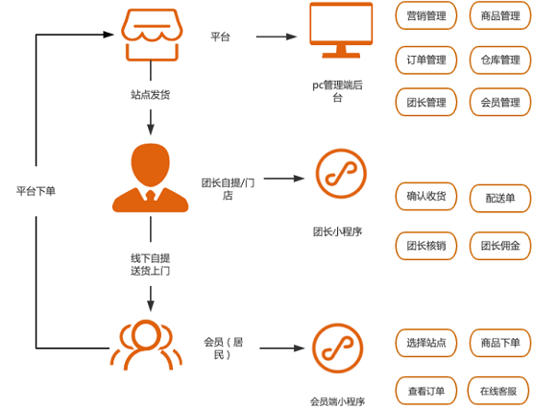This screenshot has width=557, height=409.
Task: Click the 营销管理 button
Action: [426, 15]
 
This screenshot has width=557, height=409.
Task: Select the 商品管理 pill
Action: [500, 15]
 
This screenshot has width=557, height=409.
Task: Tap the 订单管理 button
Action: [426, 60]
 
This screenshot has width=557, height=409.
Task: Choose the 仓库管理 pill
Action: [500, 60]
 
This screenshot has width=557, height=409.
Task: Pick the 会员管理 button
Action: [500, 103]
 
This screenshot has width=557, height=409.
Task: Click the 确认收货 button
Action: [426, 196]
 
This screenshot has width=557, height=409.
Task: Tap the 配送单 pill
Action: [500, 198]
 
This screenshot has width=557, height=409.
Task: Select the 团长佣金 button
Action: [500, 246]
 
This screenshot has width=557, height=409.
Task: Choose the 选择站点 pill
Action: [426, 343]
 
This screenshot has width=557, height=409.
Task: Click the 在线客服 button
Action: [498, 391]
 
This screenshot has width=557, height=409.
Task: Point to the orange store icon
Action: [152, 35]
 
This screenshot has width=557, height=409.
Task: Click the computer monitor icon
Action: [341, 30]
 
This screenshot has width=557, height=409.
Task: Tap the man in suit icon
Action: [150, 178]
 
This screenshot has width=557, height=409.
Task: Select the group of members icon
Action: [146, 345]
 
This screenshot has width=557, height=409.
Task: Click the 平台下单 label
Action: [36, 191]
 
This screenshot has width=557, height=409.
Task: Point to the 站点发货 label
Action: [150, 95]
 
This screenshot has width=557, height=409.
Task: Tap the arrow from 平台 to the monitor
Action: [277, 36]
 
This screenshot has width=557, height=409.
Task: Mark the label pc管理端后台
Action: [337, 91]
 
